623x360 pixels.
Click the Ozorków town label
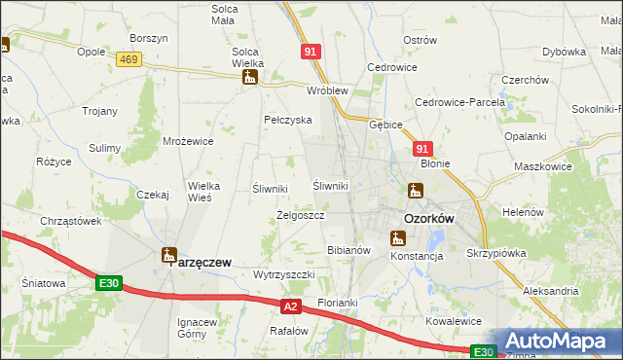coord(428,219)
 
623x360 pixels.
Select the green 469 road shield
coord(127,60)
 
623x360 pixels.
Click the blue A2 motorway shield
coord(290,306)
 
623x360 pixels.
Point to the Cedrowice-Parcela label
coord(460,102)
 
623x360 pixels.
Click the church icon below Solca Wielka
coord(250,77)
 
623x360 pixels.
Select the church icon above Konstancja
coord(397,237)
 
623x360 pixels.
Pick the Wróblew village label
coord(327,90)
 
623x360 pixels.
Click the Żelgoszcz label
coord(300,215)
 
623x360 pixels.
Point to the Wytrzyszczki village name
coord(283,274)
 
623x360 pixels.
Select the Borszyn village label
coord(149,38)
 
